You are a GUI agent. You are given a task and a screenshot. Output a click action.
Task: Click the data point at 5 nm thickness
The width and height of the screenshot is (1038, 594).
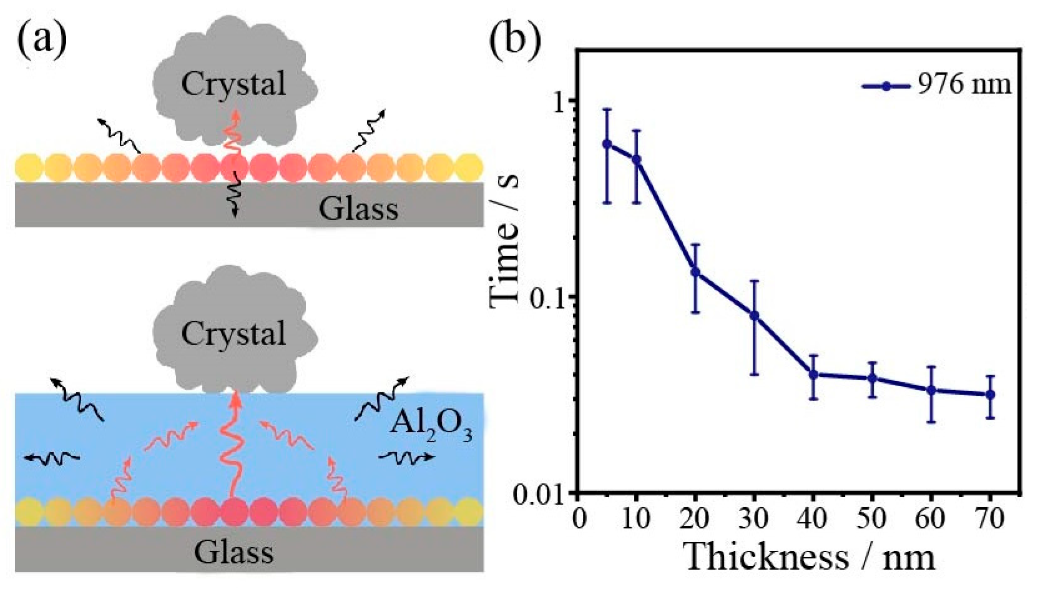point(606,144)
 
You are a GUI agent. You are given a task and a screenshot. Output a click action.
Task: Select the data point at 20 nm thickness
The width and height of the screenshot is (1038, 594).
point(695,272)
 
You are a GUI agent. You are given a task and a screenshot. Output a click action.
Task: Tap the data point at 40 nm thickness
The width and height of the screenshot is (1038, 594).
point(813,374)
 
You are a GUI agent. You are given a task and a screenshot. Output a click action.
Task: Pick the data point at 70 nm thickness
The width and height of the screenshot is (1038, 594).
point(990,394)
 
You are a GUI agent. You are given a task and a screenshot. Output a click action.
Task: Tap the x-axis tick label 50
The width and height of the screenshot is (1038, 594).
point(871,518)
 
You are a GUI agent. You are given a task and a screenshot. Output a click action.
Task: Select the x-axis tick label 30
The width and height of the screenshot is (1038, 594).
point(754,518)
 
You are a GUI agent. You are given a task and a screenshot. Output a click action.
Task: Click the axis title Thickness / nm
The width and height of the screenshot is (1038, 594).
point(810,557)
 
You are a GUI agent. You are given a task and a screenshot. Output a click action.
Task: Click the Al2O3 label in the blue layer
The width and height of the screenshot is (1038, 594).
point(431,427)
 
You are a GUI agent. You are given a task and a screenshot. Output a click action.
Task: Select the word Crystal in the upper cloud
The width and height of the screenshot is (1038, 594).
point(233,84)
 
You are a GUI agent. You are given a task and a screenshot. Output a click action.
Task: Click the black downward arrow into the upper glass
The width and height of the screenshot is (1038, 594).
point(235,194)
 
